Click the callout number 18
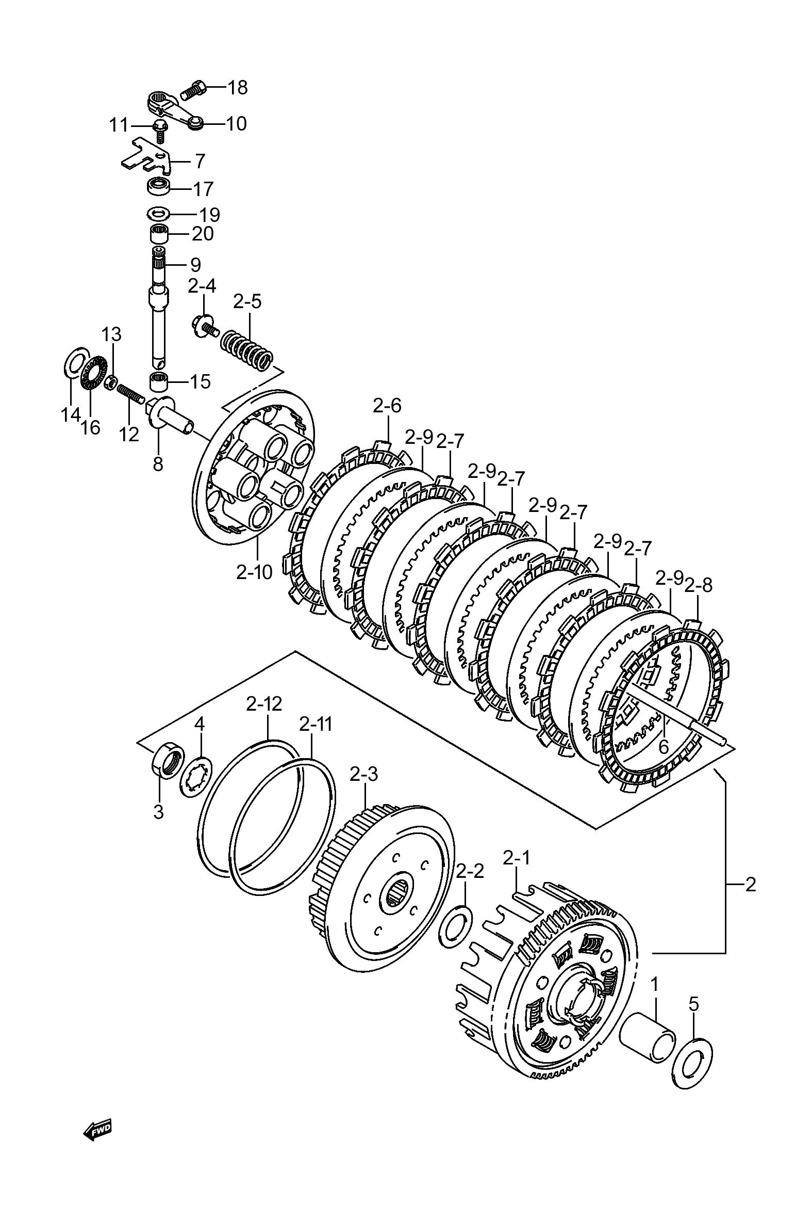[237, 88]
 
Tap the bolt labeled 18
[193, 90]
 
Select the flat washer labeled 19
[158, 213]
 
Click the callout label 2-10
[254, 572]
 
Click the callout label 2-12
[264, 703]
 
